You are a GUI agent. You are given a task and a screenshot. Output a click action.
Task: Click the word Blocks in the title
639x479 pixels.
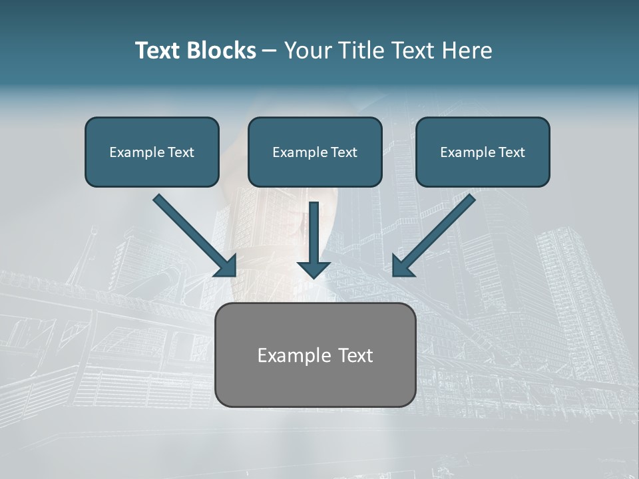point(222,51)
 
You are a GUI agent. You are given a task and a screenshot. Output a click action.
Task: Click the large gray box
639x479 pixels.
point(315,383)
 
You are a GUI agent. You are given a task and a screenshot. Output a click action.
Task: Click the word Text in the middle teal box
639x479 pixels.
point(343,152)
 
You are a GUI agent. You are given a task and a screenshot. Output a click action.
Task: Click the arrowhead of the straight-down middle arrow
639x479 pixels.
point(314,269)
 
